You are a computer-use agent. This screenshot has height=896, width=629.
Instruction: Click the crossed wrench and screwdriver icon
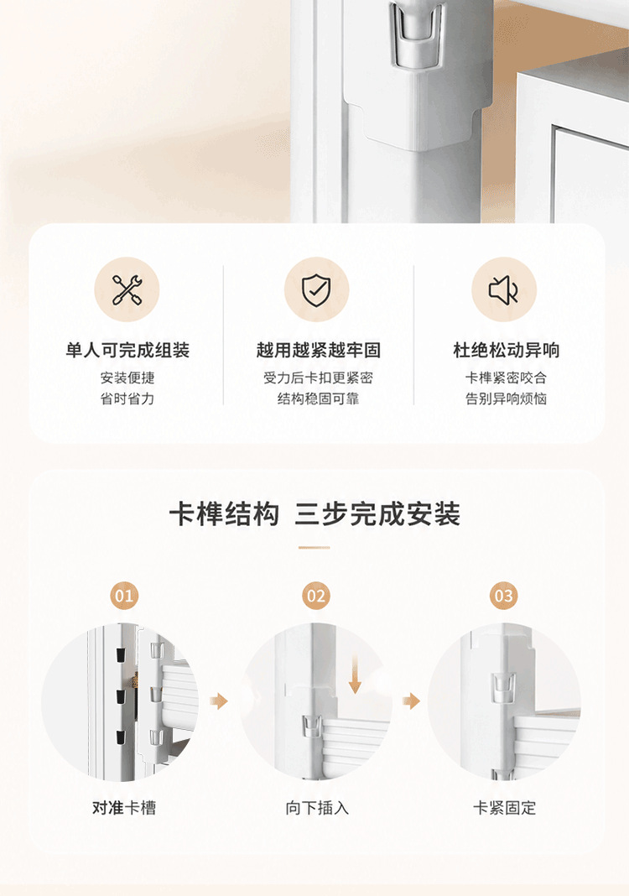(127, 289)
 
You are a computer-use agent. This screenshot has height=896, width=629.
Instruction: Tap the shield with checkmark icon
(316, 289)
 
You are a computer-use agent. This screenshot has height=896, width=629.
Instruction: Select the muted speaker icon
(503, 289)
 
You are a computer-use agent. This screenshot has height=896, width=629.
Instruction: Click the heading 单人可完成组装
(127, 350)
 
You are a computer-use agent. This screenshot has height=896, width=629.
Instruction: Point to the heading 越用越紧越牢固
(318, 350)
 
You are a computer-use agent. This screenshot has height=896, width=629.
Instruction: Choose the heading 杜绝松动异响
(507, 350)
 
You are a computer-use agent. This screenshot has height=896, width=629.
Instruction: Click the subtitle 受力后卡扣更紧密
(318, 378)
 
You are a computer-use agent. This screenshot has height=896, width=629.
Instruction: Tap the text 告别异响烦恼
(507, 399)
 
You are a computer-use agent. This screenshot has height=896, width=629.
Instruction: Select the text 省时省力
(127, 399)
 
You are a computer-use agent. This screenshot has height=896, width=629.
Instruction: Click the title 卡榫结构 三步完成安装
(314, 513)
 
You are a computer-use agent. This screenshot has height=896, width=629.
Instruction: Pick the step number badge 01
(124, 596)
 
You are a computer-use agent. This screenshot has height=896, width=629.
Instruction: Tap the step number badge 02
(316, 596)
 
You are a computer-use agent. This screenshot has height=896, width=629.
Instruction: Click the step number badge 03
(503, 596)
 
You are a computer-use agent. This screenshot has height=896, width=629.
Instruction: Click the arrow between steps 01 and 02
(219, 701)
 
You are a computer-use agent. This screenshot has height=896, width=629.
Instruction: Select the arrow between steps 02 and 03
(411, 701)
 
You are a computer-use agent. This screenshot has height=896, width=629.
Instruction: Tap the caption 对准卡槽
(124, 807)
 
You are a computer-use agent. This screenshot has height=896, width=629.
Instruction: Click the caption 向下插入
(317, 807)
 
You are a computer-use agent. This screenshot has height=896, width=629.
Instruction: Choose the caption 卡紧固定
(504, 807)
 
